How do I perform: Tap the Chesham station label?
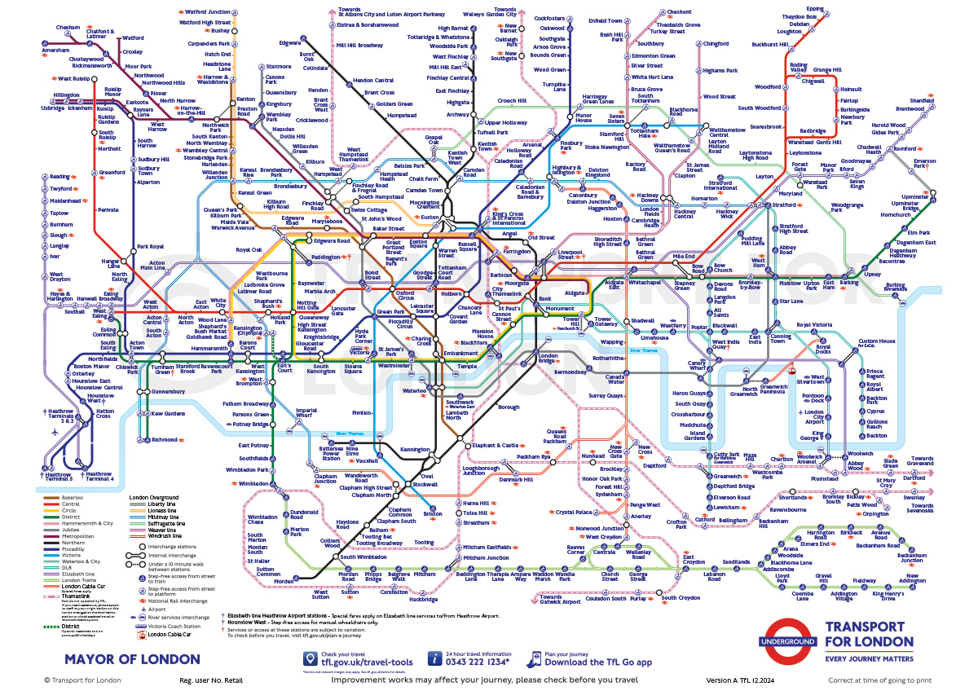(68, 27)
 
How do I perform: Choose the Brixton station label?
(433, 515)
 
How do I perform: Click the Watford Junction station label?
(209, 11)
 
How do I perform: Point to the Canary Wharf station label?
(697, 366)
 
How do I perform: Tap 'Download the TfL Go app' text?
(597, 662)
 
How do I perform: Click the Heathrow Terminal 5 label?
(59, 475)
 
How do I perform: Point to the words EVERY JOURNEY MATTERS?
(869, 658)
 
